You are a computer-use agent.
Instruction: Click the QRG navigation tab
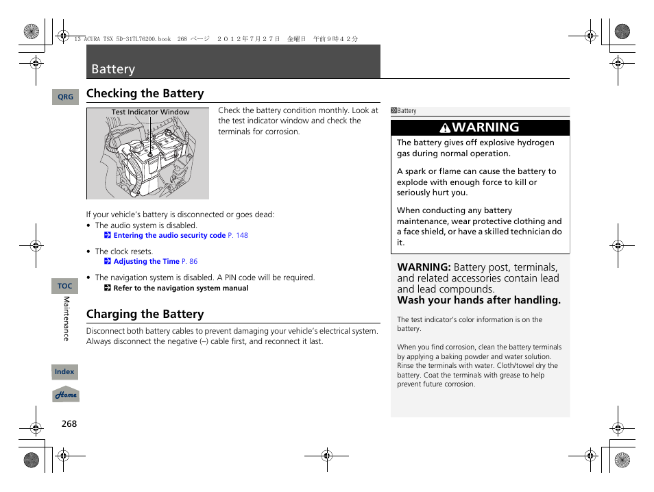click(x=65, y=97)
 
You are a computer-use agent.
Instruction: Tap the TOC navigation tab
click(x=65, y=286)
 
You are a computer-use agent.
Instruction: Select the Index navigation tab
click(x=65, y=372)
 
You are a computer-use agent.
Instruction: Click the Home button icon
click(x=66, y=395)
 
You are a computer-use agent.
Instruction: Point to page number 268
click(x=69, y=423)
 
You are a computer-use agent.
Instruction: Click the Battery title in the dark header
click(x=113, y=69)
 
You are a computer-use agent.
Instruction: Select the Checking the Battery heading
click(x=145, y=93)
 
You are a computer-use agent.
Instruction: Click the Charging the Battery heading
click(x=145, y=314)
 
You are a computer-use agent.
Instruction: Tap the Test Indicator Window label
click(x=150, y=112)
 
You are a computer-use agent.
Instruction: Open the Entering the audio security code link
click(x=169, y=236)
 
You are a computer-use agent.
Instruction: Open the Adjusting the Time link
click(x=146, y=262)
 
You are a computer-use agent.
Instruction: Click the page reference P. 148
click(x=238, y=236)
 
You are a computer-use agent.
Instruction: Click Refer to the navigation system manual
click(x=180, y=288)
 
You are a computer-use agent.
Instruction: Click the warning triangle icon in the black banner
click(x=446, y=128)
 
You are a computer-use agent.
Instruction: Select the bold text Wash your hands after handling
click(x=479, y=300)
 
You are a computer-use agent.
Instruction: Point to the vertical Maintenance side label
click(x=66, y=319)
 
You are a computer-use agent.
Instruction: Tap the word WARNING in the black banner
click(x=485, y=127)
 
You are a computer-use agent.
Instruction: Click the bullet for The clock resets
click(x=89, y=251)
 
